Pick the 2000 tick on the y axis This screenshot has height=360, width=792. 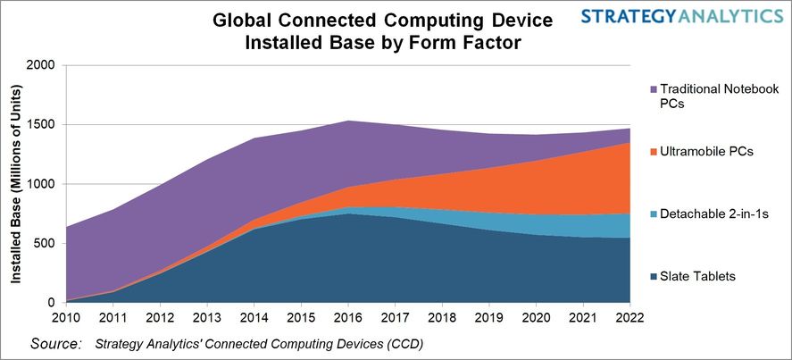(41, 65)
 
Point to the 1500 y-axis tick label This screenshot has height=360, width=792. (41, 125)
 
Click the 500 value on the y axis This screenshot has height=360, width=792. (45, 244)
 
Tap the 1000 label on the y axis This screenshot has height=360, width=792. (41, 184)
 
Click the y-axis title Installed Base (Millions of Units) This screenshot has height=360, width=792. (16, 185)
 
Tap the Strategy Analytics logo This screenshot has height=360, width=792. (680, 17)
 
